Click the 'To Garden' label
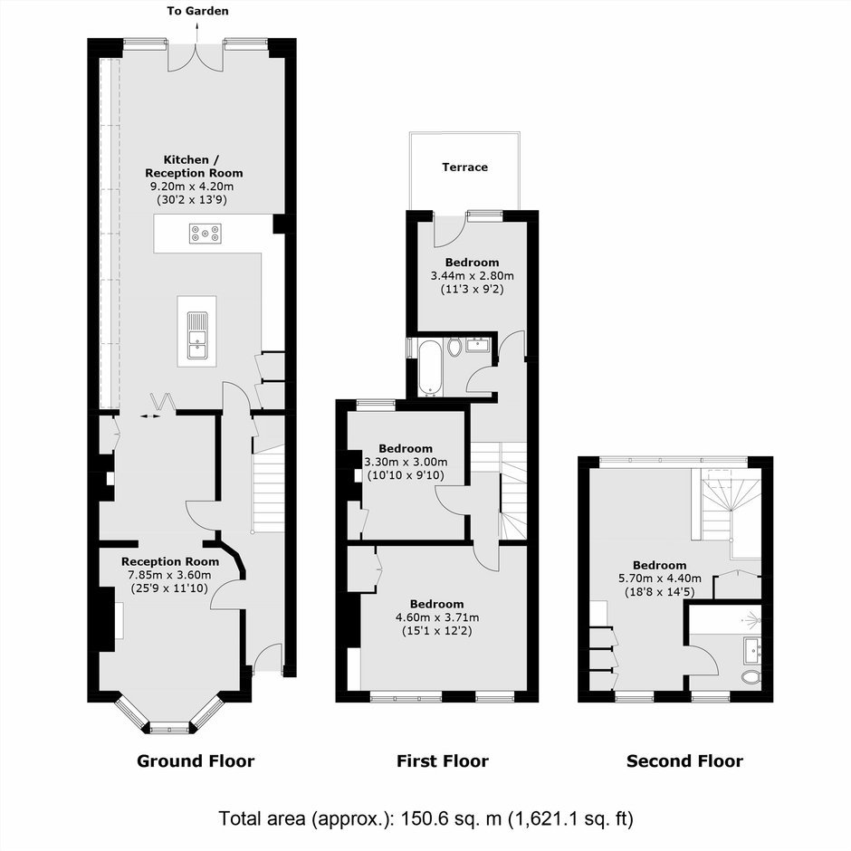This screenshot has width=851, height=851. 197,11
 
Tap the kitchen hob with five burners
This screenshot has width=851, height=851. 206,234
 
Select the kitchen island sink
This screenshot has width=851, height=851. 197,335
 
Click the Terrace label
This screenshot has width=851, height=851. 464,167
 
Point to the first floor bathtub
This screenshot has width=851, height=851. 431,368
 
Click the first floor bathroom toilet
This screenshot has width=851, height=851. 454,347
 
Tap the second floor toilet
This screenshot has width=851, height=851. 751,677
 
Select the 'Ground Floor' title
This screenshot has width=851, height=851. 196,760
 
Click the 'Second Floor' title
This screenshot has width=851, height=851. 684,760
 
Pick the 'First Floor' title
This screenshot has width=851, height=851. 443,760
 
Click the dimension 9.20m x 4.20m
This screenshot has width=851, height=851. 192,186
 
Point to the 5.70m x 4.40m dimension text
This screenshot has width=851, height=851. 659,578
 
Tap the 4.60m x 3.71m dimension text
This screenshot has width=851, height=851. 437,617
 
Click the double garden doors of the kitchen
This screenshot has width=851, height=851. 195,58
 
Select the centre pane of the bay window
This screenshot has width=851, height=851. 169,727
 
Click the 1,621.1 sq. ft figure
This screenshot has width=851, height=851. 570,818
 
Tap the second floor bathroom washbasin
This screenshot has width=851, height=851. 752,650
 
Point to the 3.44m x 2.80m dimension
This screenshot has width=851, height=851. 473,276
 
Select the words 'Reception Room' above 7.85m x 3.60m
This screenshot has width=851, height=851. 170,561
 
